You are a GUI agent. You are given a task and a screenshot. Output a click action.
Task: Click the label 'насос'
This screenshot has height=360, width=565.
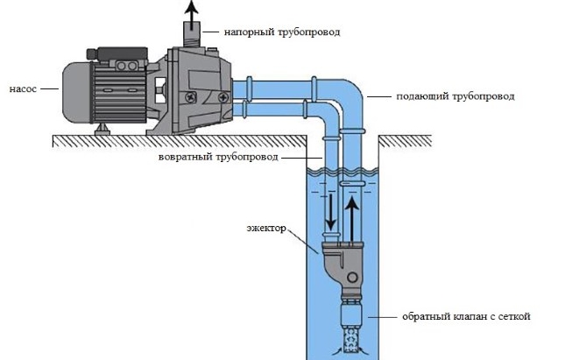click(23, 88)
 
